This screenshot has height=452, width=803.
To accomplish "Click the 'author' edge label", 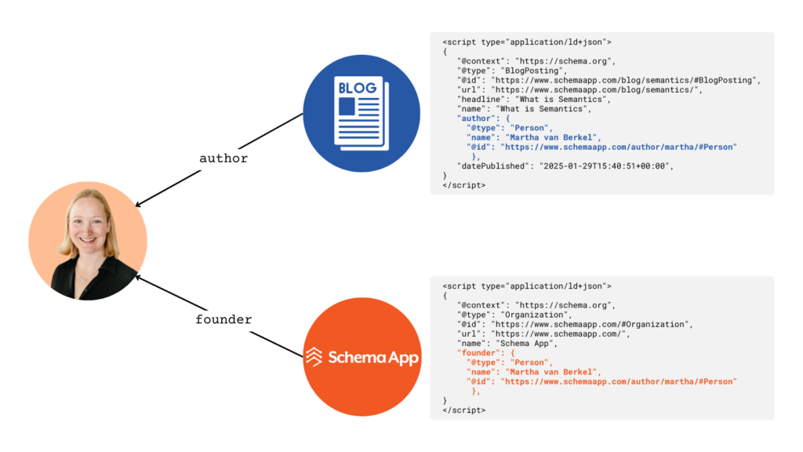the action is coord(223,159).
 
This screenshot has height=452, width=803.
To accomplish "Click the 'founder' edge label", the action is coord(223,319).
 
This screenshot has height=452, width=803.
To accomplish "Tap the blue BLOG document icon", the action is coord(362,113).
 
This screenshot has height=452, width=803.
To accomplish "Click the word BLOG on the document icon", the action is coord(358,88).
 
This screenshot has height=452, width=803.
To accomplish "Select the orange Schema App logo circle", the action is coord(362,357).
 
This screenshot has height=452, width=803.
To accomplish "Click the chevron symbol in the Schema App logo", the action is coord(314,357).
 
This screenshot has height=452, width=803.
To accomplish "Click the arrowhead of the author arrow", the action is coord(138,205).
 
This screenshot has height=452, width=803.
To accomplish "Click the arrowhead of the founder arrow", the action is coord(138,278).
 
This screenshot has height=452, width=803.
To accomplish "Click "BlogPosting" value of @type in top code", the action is coord(532,71).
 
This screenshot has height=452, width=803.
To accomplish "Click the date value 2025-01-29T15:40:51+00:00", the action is coord(606,166).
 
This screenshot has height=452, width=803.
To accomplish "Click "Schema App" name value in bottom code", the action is coord(525,344).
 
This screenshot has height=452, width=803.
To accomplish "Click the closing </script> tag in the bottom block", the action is coord(464,410).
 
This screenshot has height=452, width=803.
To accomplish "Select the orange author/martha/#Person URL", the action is coord(619,382).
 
